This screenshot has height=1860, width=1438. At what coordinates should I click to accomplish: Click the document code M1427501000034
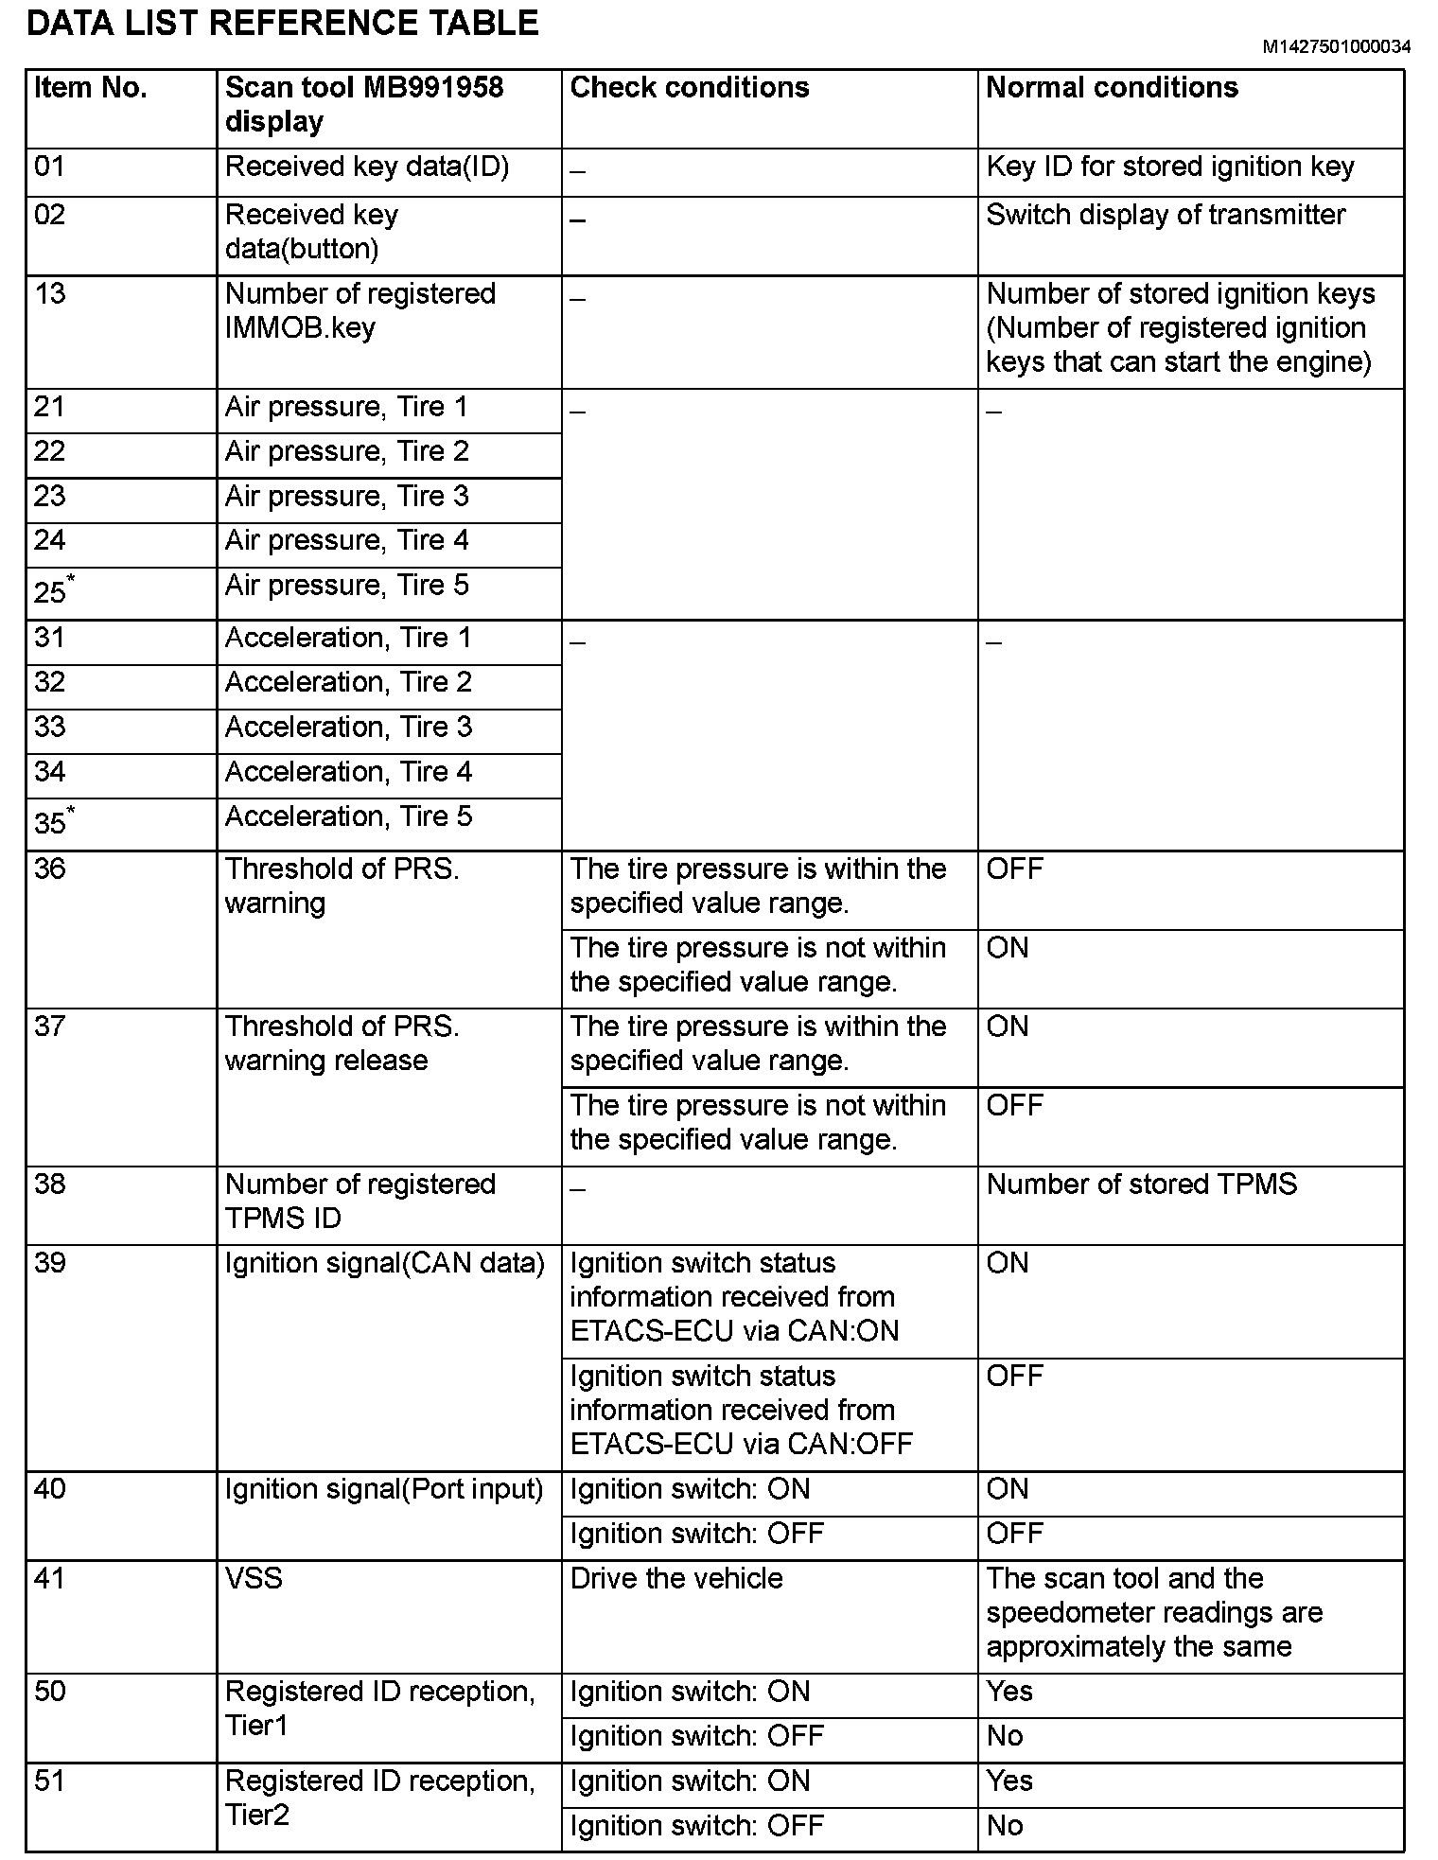pyautogui.click(x=1336, y=46)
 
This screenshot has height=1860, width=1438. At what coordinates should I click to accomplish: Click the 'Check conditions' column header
pyautogui.click(x=690, y=88)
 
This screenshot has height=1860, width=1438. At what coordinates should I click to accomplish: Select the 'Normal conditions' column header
pyautogui.click(x=1112, y=88)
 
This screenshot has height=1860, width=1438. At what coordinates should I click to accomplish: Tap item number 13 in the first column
pyautogui.click(x=50, y=294)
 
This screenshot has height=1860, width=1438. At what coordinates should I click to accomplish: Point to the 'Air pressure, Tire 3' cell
pyautogui.click(x=346, y=497)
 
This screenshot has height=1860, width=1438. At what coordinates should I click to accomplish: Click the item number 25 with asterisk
pyautogui.click(x=54, y=589)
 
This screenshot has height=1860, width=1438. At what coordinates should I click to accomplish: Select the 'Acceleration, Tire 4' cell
pyautogui.click(x=348, y=772)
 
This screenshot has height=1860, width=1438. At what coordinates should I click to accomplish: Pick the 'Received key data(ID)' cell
pyautogui.click(x=367, y=167)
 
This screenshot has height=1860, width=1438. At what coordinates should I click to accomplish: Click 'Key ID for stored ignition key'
pyautogui.click(x=1170, y=167)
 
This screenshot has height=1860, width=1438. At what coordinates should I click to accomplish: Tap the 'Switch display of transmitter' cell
pyautogui.click(x=1166, y=216)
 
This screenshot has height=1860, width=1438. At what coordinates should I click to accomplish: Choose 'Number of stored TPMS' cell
pyautogui.click(x=1142, y=1184)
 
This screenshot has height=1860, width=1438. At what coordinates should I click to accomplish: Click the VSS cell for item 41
pyautogui.click(x=254, y=1579)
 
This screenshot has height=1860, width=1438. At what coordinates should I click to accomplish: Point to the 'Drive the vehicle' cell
pyautogui.click(x=676, y=1579)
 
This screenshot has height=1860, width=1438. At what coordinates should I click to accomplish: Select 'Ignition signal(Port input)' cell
pyautogui.click(x=384, y=1490)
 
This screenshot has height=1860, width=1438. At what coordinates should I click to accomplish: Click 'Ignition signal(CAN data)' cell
pyautogui.click(x=384, y=1264)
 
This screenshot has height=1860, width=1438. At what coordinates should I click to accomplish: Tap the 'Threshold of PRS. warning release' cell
pyautogui.click(x=342, y=1044)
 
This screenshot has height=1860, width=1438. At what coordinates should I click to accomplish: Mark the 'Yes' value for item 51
pyautogui.click(x=1009, y=1781)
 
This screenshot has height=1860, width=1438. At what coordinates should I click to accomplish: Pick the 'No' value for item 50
pyautogui.click(x=1005, y=1737)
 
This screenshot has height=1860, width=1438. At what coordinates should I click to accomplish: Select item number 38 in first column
pyautogui.click(x=50, y=1184)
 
